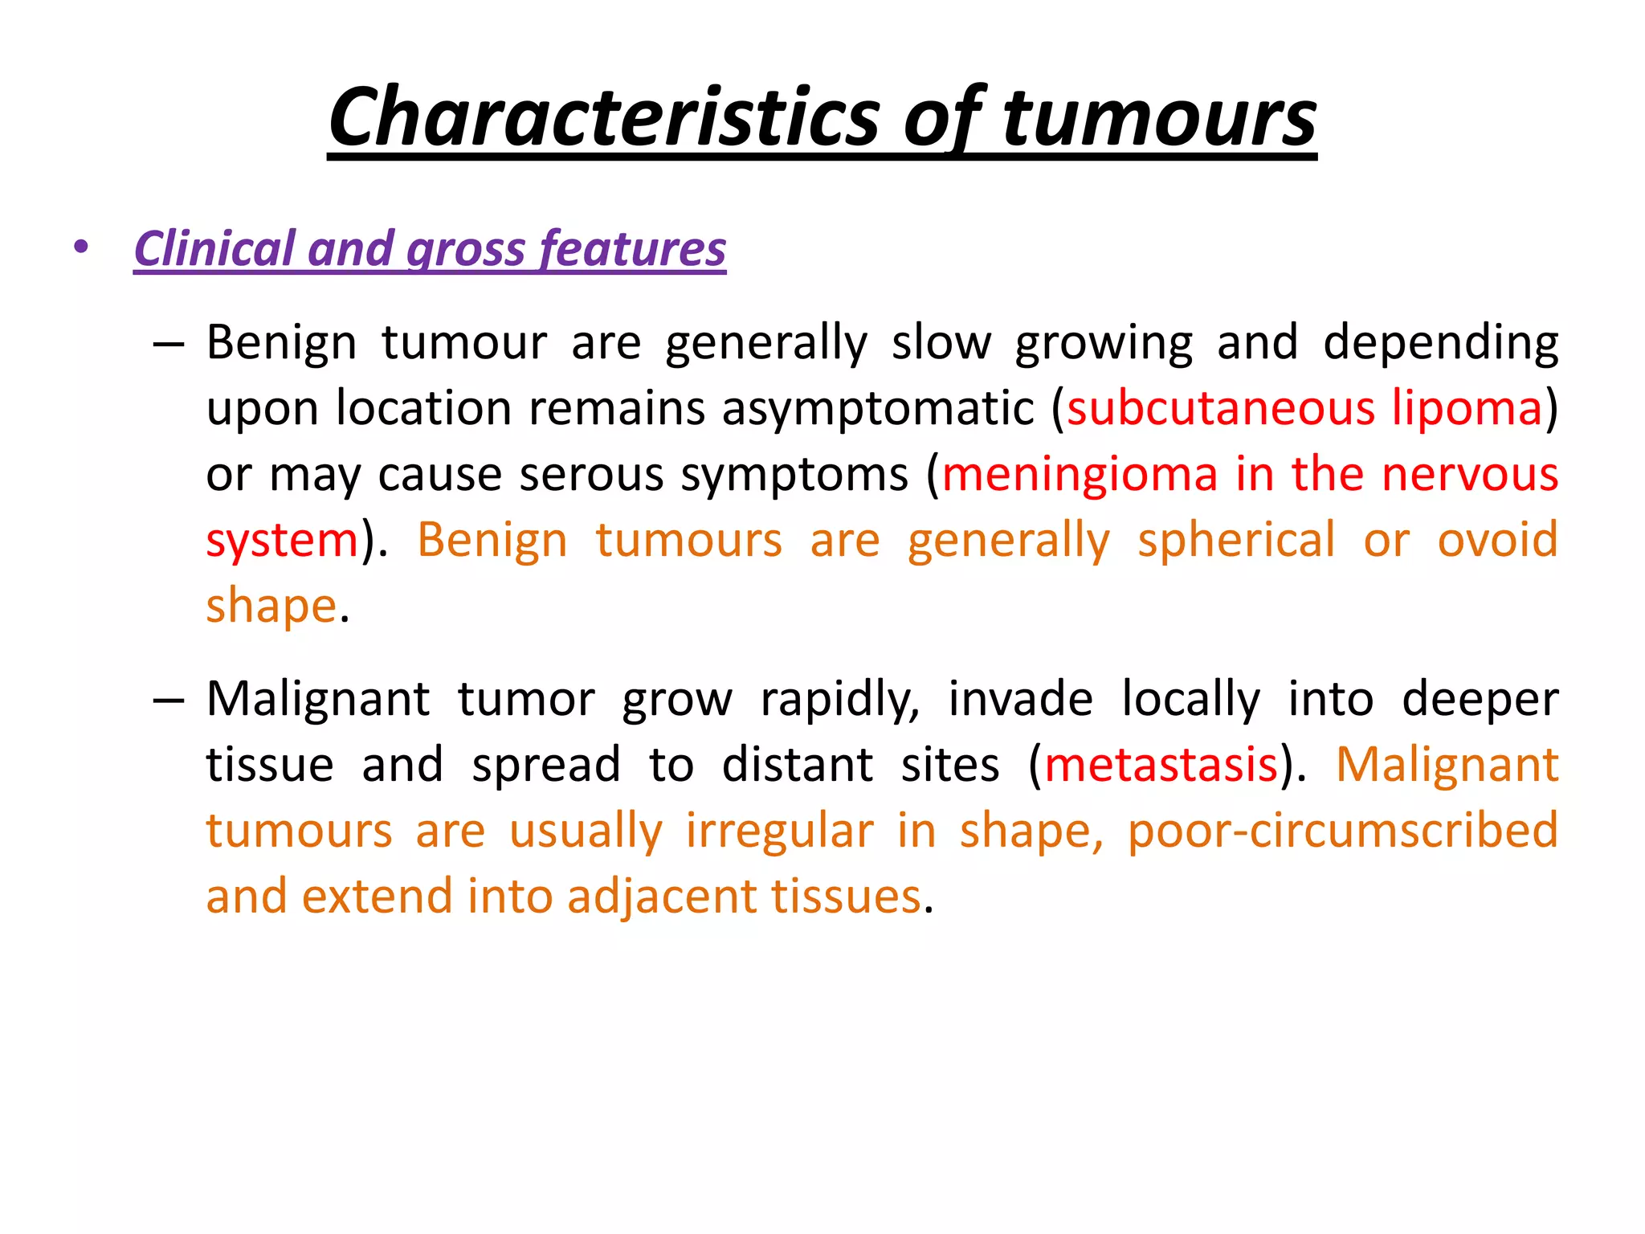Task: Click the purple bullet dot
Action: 80,247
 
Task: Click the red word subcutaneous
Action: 1221,408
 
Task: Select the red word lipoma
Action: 1467,408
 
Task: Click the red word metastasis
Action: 1161,764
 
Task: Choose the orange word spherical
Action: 1236,540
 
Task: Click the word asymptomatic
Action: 877,408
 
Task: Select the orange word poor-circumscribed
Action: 1342,830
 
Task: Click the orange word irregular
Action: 779,830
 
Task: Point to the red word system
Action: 282,540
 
